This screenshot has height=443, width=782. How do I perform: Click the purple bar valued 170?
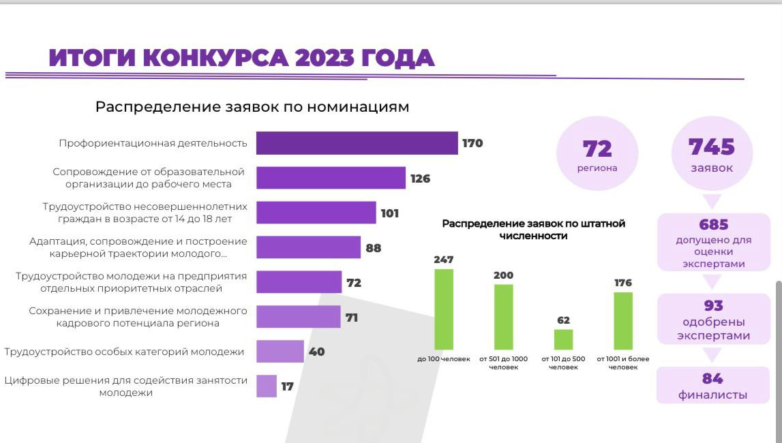click(x=357, y=143)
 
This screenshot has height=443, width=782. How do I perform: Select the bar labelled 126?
click(x=331, y=178)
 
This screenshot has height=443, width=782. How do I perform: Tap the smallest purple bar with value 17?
click(x=267, y=386)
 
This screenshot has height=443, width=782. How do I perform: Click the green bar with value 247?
click(x=444, y=309)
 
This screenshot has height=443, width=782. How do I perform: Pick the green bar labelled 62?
click(x=563, y=339)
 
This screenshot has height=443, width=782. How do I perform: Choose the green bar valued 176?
click(x=623, y=320)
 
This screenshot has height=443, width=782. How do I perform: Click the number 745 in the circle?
click(x=712, y=147)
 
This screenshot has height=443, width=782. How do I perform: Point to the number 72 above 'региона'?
click(x=597, y=149)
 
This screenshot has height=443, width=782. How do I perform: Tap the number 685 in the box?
click(x=714, y=225)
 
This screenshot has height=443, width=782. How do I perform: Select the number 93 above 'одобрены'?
click(x=714, y=305)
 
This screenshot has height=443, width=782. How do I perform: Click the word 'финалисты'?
click(x=712, y=395)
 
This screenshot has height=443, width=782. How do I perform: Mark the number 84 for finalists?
click(x=712, y=379)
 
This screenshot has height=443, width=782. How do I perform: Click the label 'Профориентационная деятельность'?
click(x=152, y=143)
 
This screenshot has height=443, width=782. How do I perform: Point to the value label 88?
click(x=374, y=248)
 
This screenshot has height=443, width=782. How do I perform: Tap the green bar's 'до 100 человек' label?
click(x=444, y=359)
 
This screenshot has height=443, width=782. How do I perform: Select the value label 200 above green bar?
click(x=503, y=275)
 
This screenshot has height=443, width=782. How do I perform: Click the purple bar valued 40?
click(x=280, y=352)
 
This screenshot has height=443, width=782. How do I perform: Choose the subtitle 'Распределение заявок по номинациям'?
click(x=252, y=107)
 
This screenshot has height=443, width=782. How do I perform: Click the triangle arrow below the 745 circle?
click(x=712, y=202)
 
